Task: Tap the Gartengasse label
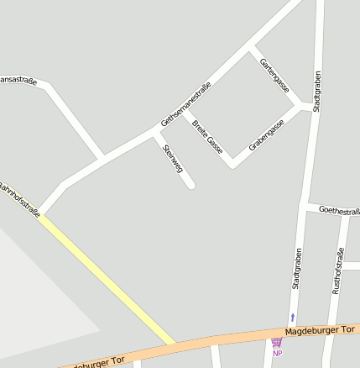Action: tap(274, 76)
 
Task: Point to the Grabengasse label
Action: tap(267, 134)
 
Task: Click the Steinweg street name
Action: tap(173, 157)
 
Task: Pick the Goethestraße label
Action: tap(339, 210)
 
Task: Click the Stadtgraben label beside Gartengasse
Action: tap(317, 91)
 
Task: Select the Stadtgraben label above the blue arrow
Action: tap(296, 269)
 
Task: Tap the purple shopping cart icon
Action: tap(276, 342)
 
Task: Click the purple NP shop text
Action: tap(277, 353)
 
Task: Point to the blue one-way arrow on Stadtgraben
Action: tap(292, 317)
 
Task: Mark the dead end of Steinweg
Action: tap(191, 184)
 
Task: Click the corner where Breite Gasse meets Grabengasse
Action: tap(232, 163)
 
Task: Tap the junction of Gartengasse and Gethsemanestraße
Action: tap(251, 47)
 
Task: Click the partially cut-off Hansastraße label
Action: tap(17, 80)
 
